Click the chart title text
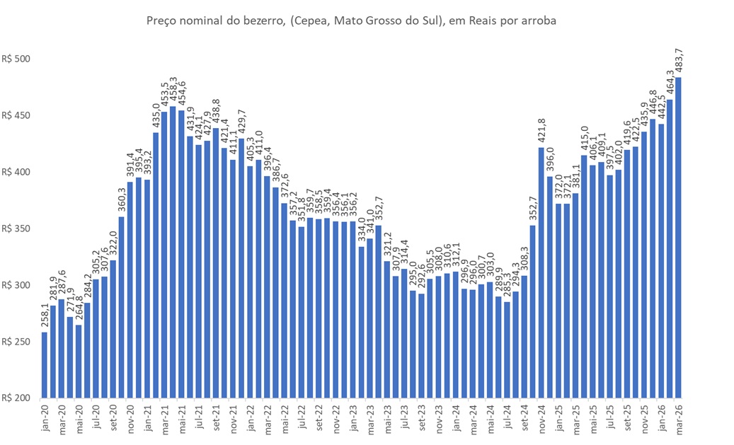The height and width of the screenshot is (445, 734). [351, 21]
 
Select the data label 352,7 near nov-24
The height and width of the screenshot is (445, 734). [533, 210]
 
